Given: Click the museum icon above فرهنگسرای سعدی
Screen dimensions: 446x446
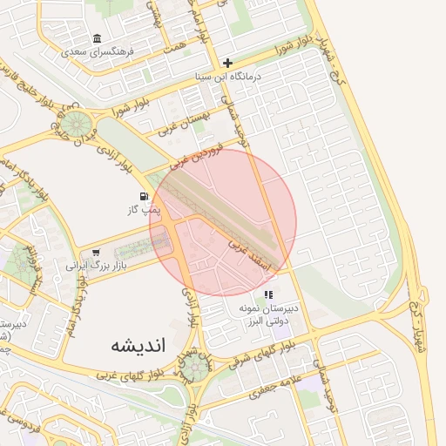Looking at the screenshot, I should pyautogui.click(x=96, y=39).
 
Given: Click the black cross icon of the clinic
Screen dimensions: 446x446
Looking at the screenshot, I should pyautogui.click(x=228, y=63).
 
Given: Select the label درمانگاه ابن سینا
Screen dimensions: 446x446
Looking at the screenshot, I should pyautogui.click(x=228, y=77).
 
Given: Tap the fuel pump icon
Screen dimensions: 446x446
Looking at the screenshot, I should pyautogui.click(x=142, y=173).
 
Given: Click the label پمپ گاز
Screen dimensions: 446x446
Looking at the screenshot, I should pyautogui.click(x=138, y=187).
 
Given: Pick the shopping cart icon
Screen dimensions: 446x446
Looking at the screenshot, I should pyautogui.click(x=84, y=252).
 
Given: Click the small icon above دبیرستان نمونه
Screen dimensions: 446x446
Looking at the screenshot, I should pyautogui.click(x=269, y=295).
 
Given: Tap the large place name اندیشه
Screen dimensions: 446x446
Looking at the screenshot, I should pyautogui.click(x=138, y=346).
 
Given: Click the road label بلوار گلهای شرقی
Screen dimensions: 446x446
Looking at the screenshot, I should pyautogui.click(x=259, y=354).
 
